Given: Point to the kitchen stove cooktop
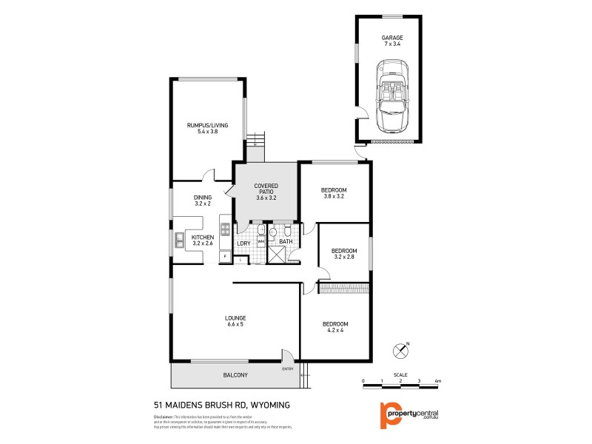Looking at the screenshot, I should pyautogui.click(x=225, y=229).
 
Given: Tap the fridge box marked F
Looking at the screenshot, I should pyautogui.click(x=225, y=256).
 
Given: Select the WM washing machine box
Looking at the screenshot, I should pyautogui.click(x=260, y=241).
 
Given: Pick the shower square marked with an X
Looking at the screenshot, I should pyautogui.click(x=277, y=254).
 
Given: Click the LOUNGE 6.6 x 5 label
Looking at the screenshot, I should pyautogui.click(x=235, y=321).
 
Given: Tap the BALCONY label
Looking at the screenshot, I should pyautogui.click(x=235, y=375).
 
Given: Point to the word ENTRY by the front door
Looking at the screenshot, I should pyautogui.click(x=288, y=369).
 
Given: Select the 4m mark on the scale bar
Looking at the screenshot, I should pyautogui.click(x=438, y=380).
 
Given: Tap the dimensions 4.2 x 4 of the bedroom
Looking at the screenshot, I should pyautogui.click(x=335, y=330).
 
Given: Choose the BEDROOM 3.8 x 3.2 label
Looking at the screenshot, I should pyautogui.click(x=334, y=194).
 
